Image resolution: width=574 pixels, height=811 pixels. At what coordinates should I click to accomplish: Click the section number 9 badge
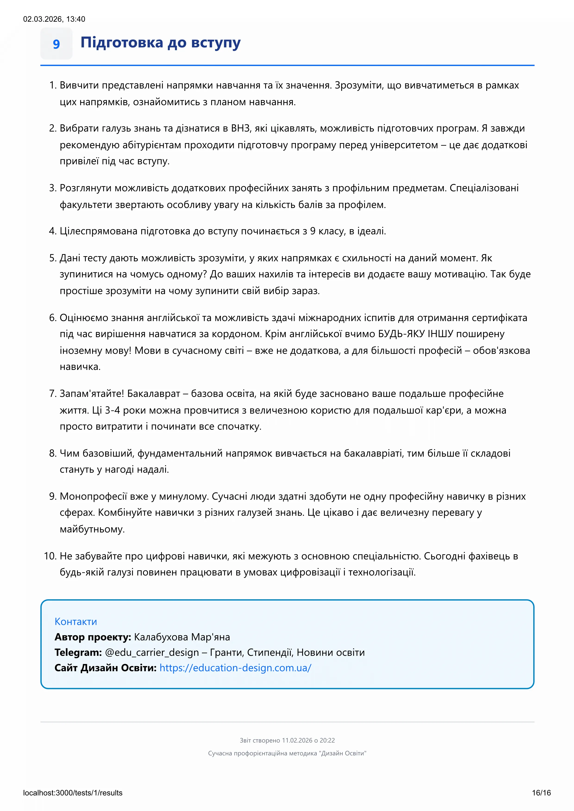point(56,44)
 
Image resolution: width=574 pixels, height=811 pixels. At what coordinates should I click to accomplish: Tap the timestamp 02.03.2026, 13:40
point(54,19)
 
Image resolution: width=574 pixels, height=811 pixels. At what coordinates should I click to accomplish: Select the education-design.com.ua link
point(235,668)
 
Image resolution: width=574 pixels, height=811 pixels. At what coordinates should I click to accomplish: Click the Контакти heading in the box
point(76,621)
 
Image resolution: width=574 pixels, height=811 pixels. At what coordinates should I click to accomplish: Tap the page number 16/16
point(541,793)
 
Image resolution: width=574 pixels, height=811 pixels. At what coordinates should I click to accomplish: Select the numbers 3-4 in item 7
point(113,410)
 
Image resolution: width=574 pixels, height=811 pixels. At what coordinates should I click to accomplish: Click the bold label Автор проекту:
point(93,637)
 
